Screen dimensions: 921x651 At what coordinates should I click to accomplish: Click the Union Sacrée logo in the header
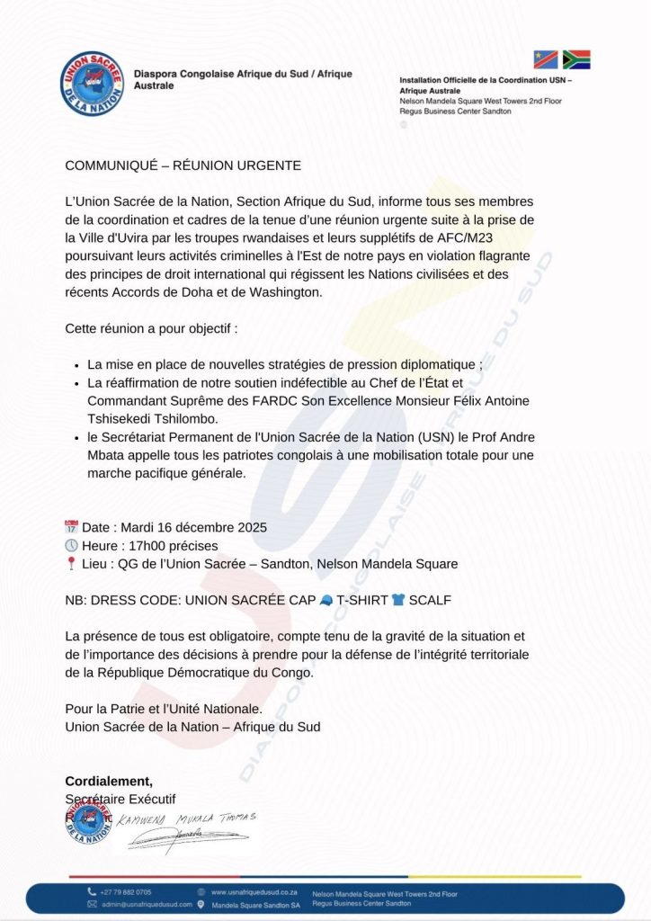92,84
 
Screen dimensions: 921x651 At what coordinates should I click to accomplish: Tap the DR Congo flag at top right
546,60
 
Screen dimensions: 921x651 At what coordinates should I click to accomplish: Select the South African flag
575,60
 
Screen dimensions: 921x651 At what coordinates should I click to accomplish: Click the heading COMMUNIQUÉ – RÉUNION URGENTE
183,165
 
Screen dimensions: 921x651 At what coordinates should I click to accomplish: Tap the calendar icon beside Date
72,527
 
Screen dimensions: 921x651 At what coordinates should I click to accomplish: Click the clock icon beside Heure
72,546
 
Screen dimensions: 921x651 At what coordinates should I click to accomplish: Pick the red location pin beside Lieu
71,564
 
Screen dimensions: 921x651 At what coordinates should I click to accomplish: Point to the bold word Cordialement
109,781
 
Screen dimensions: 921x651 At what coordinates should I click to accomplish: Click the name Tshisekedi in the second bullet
127,419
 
